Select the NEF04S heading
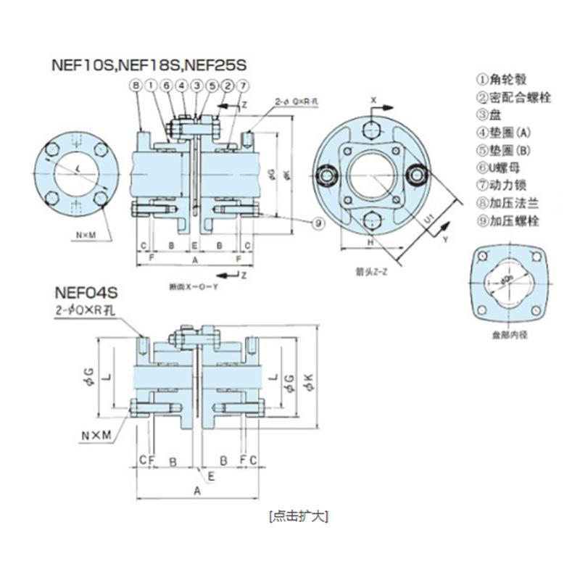tap(86, 294)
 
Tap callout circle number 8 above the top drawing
tap(136, 86)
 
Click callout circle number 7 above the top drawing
tap(244, 86)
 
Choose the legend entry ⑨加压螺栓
tap(513, 220)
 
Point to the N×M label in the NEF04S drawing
tap(96, 435)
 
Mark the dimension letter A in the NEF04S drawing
tap(196, 491)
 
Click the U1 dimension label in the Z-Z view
tap(429, 217)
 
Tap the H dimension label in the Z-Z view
tap(370, 242)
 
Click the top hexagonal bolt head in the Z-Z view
tap(370, 131)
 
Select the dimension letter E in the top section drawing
tap(194, 246)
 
